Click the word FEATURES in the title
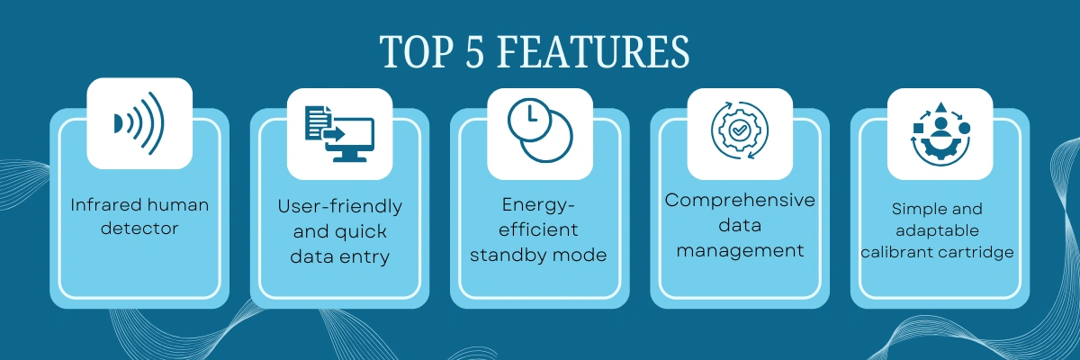[593, 51]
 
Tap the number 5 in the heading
[474, 51]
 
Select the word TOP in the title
[417, 51]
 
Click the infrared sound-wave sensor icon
[139, 123]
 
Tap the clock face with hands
[529, 120]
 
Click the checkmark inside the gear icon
[740, 130]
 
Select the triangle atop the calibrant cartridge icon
[940, 108]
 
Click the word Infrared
[105, 205]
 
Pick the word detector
[139, 228]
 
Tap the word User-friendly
[340, 207]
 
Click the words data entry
[340, 256]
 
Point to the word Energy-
[538, 205]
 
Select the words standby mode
[538, 256]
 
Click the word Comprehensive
[740, 201]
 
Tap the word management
[740, 250]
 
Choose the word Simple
[914, 209]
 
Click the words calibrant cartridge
[937, 253]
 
